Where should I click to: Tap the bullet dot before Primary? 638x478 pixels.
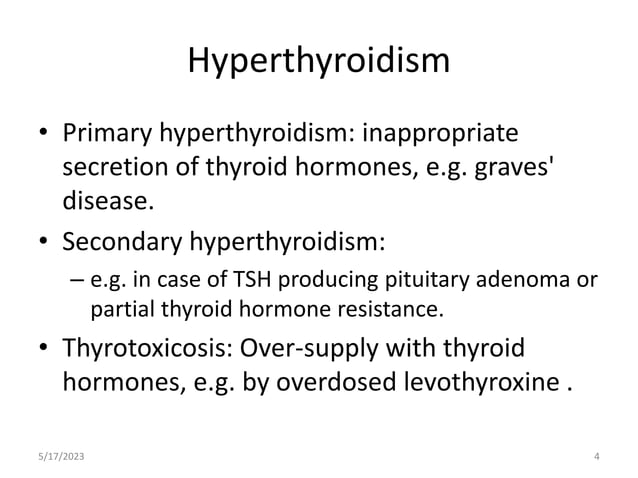(x=42, y=134)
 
